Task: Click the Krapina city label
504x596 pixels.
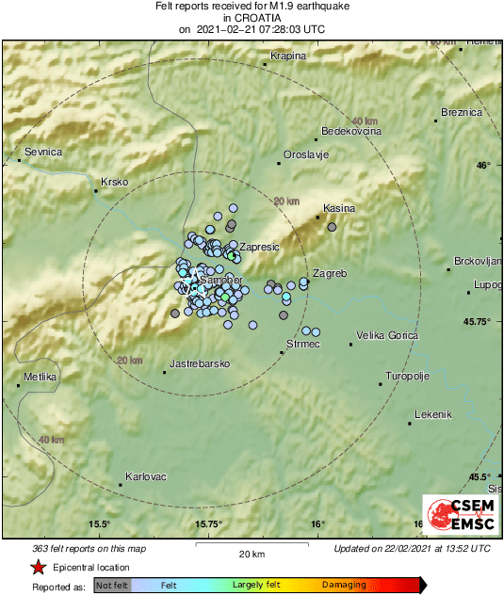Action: coord(288,56)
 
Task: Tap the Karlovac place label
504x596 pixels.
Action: coord(145,476)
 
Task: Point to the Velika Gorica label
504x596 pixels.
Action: coord(387,335)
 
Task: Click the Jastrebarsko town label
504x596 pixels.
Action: coord(200,363)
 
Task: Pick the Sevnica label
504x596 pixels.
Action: coord(43,152)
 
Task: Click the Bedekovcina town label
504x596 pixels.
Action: coord(351,132)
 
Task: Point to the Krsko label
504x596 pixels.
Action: coord(113,182)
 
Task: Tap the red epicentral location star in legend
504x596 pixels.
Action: coord(37,568)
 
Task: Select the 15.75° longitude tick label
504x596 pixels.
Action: coord(208,524)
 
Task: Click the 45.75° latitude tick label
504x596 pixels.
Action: coord(474,322)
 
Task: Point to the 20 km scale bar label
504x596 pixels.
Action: coord(252,554)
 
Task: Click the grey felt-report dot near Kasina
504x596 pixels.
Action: coord(332,227)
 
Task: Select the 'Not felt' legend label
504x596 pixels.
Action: coord(112,586)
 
